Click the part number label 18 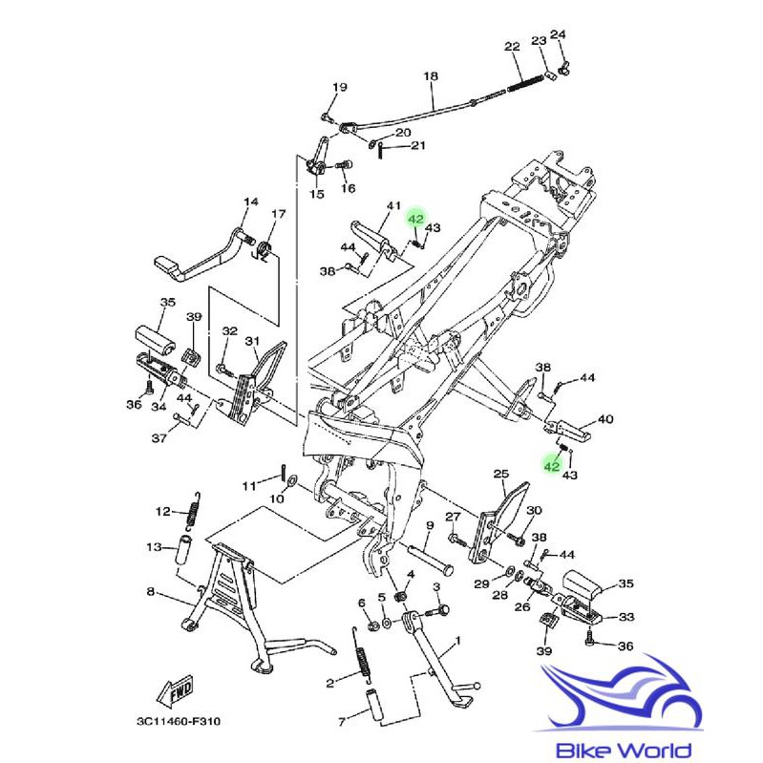tap(430, 75)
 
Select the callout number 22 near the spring tap(512, 47)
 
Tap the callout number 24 tap(558, 35)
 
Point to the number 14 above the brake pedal tap(250, 202)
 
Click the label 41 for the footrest tap(393, 206)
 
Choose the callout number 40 tap(605, 419)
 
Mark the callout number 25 tap(500, 474)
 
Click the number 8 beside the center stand tap(150, 592)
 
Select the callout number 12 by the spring tap(162, 512)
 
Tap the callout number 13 tap(154, 547)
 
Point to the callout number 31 tap(252, 341)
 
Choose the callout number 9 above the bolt tap(430, 526)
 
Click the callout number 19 tap(339, 88)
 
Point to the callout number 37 tap(159, 438)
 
